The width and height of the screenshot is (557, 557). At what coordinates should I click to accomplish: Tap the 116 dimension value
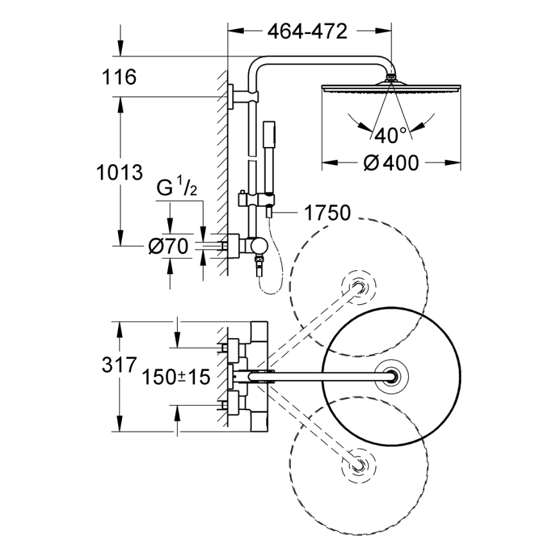[x=119, y=78]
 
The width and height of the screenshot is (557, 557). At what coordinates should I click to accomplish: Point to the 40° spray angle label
[x=391, y=135]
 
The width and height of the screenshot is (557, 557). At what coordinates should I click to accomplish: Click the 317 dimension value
[x=119, y=366]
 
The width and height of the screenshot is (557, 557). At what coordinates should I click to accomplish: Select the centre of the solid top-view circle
[x=392, y=375]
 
